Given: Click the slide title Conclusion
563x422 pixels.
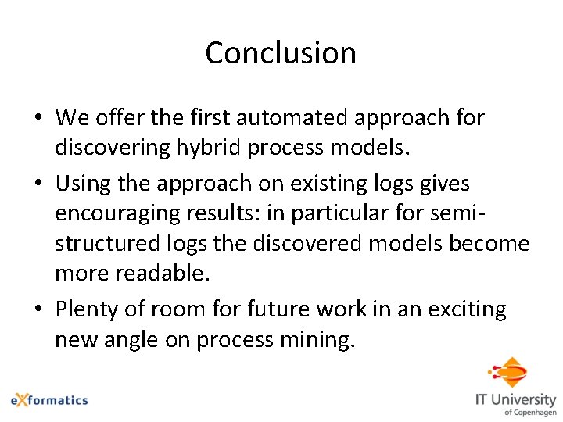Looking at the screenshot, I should [281, 53].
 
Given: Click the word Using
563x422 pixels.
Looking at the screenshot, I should [81, 184].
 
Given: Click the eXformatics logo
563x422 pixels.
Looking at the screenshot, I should [49, 399].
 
